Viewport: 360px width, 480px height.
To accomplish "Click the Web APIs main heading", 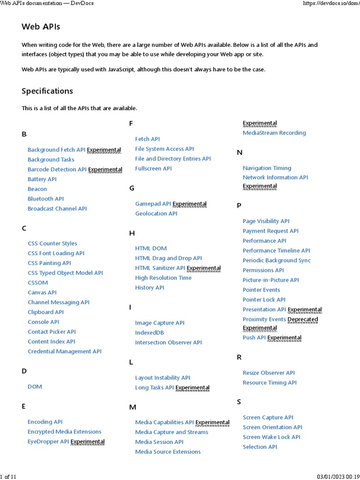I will coord(41,27).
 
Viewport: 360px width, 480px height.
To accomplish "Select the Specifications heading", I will coord(47,91).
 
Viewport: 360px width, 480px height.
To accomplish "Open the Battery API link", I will coord(42,179).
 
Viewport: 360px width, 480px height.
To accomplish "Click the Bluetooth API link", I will coord(45,199).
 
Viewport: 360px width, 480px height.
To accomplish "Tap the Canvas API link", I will coord(42,292).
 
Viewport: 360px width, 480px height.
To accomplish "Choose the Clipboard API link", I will coord(45,312).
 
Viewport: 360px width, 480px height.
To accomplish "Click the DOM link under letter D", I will coord(35,387).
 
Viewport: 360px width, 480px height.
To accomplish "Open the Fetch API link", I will coord(147,139).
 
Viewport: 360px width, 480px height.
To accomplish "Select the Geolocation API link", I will coord(156,214).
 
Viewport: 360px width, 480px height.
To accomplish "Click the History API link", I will coord(150,288).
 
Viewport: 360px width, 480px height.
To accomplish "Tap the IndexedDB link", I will coord(150,333).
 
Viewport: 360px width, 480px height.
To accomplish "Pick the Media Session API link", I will coord(159,442).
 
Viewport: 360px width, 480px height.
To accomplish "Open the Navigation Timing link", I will coord(267,168).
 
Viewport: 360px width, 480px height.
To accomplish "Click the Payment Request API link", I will coord(270,231).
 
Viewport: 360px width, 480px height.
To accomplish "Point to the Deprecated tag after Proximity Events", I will coord(303,320).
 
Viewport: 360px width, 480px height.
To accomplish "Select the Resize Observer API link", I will coord(269,373).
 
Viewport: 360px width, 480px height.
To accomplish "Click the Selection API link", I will coord(260,447).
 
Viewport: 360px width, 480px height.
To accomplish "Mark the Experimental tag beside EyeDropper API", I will coord(88,442).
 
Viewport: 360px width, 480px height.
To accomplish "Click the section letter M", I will coord(133,407).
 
